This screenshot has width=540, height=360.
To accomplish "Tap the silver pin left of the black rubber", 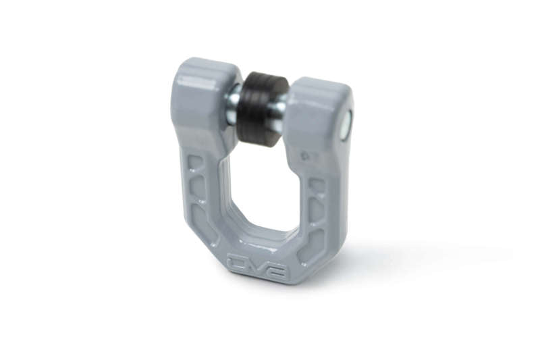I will [x=232, y=105].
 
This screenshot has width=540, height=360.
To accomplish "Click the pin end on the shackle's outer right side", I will [x=346, y=124].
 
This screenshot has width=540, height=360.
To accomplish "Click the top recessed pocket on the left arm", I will [x=194, y=163].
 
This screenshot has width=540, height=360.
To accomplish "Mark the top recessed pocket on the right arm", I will [x=317, y=184].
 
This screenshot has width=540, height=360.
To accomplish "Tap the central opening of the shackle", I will [x=260, y=182].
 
